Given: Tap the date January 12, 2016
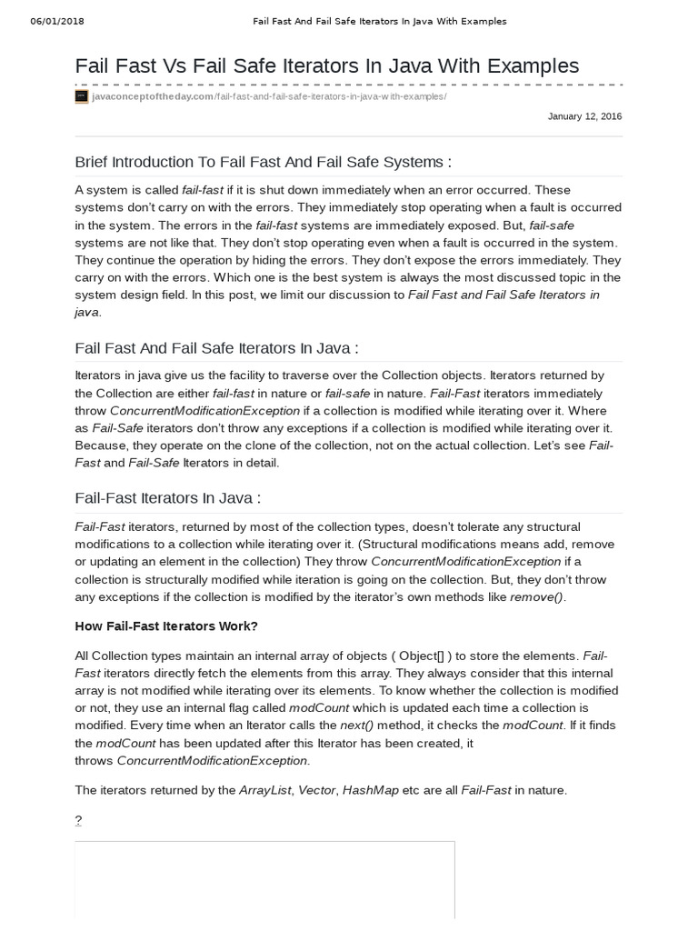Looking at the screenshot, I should [x=585, y=116].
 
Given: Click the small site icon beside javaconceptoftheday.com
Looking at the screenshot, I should [x=82, y=96].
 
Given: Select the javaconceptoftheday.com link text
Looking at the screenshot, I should [x=153, y=96].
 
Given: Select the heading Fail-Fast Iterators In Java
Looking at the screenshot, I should [x=167, y=497].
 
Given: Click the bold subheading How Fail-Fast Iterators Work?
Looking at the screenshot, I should [x=166, y=626].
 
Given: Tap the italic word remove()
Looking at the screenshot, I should [x=537, y=596].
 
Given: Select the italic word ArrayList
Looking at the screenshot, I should [x=264, y=790].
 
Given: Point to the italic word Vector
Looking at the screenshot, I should [x=316, y=790].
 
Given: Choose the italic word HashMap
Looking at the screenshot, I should [x=371, y=790].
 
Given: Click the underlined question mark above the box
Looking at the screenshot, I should [x=78, y=820].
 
